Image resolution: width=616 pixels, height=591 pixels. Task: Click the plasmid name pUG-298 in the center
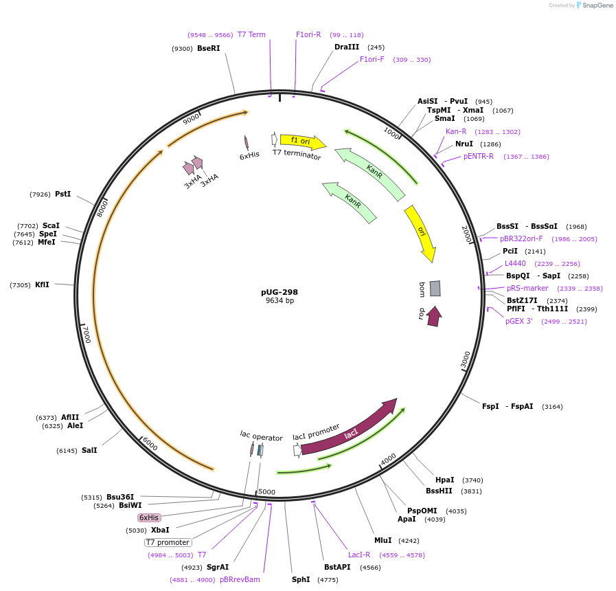pos(280,292)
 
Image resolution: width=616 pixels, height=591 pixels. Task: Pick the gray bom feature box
pos(435,288)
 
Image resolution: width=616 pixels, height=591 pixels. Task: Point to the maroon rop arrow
pos(433,317)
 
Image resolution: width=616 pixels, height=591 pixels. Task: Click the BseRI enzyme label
pos(208,48)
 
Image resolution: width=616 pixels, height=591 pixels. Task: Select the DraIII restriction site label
pos(347,47)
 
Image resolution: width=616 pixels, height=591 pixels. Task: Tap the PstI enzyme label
pos(62,194)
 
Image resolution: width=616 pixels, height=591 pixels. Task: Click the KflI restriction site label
pos(42,285)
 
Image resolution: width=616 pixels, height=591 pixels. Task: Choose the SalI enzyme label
pos(89,450)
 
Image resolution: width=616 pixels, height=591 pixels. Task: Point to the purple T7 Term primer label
pos(251,34)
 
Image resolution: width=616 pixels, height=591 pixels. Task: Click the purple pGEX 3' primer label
pos(519,321)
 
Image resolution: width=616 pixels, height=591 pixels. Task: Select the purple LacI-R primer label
pos(359,555)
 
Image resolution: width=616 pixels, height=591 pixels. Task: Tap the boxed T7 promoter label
pos(168,542)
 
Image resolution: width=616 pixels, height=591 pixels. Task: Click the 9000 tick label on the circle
pos(191,119)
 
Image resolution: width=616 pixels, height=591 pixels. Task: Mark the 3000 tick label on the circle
pos(466,359)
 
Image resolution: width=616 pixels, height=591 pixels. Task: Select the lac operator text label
pos(261,436)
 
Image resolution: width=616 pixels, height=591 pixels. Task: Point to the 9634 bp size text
pos(280,301)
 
